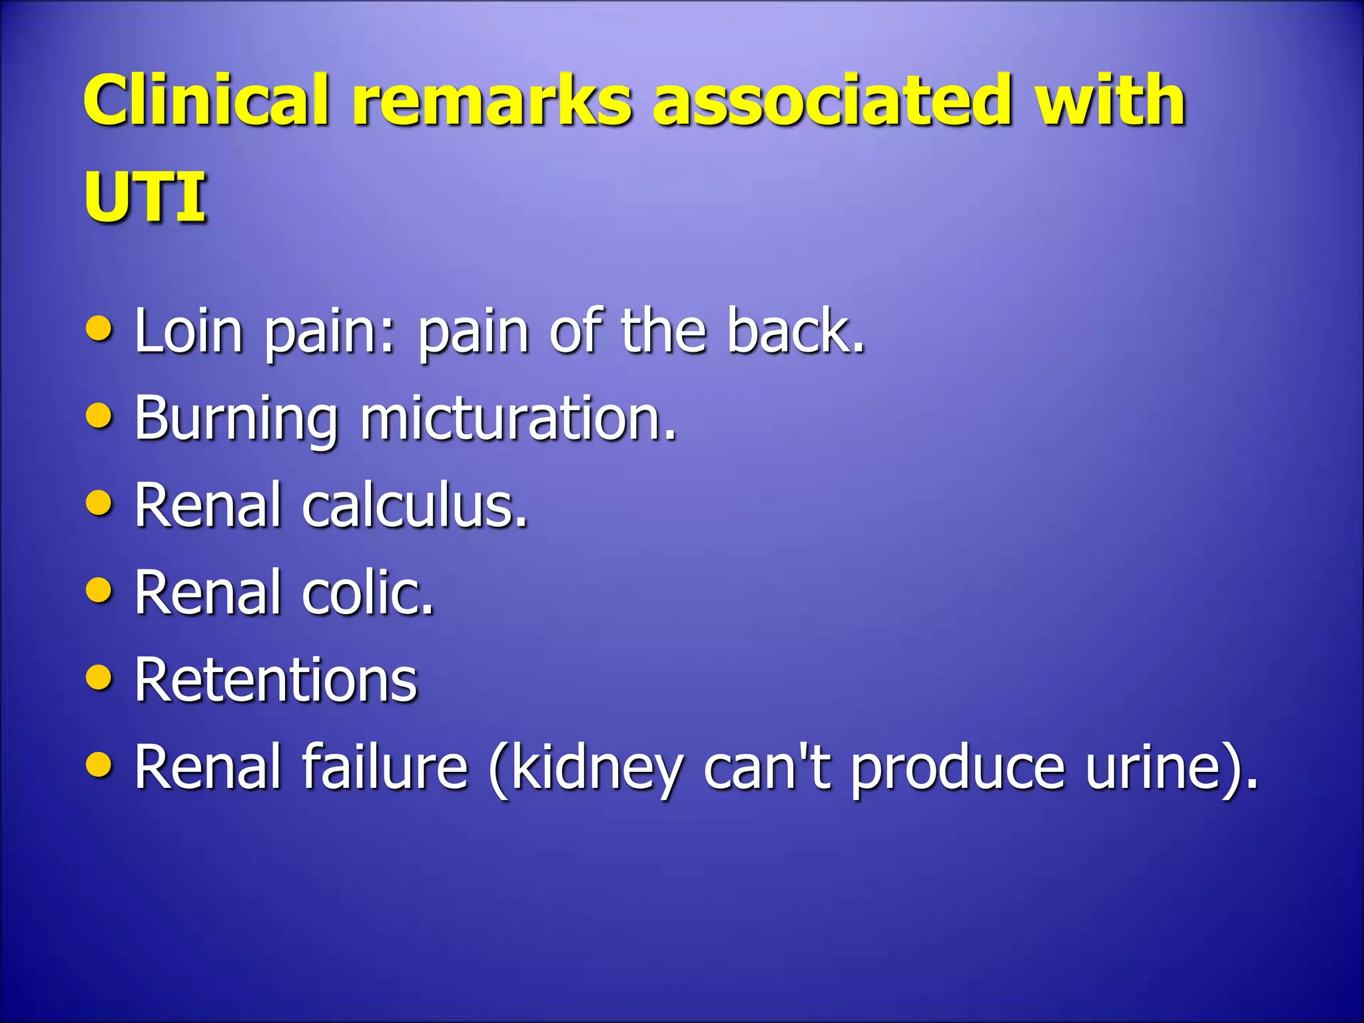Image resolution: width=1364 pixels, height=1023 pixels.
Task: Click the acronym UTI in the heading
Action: (145, 197)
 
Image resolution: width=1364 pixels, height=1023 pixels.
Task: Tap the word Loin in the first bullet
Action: (188, 330)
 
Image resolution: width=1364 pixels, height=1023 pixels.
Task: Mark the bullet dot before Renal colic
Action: (99, 590)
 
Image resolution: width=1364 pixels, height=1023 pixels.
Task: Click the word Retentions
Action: (276, 680)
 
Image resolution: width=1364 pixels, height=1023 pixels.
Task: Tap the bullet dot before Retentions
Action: (99, 678)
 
